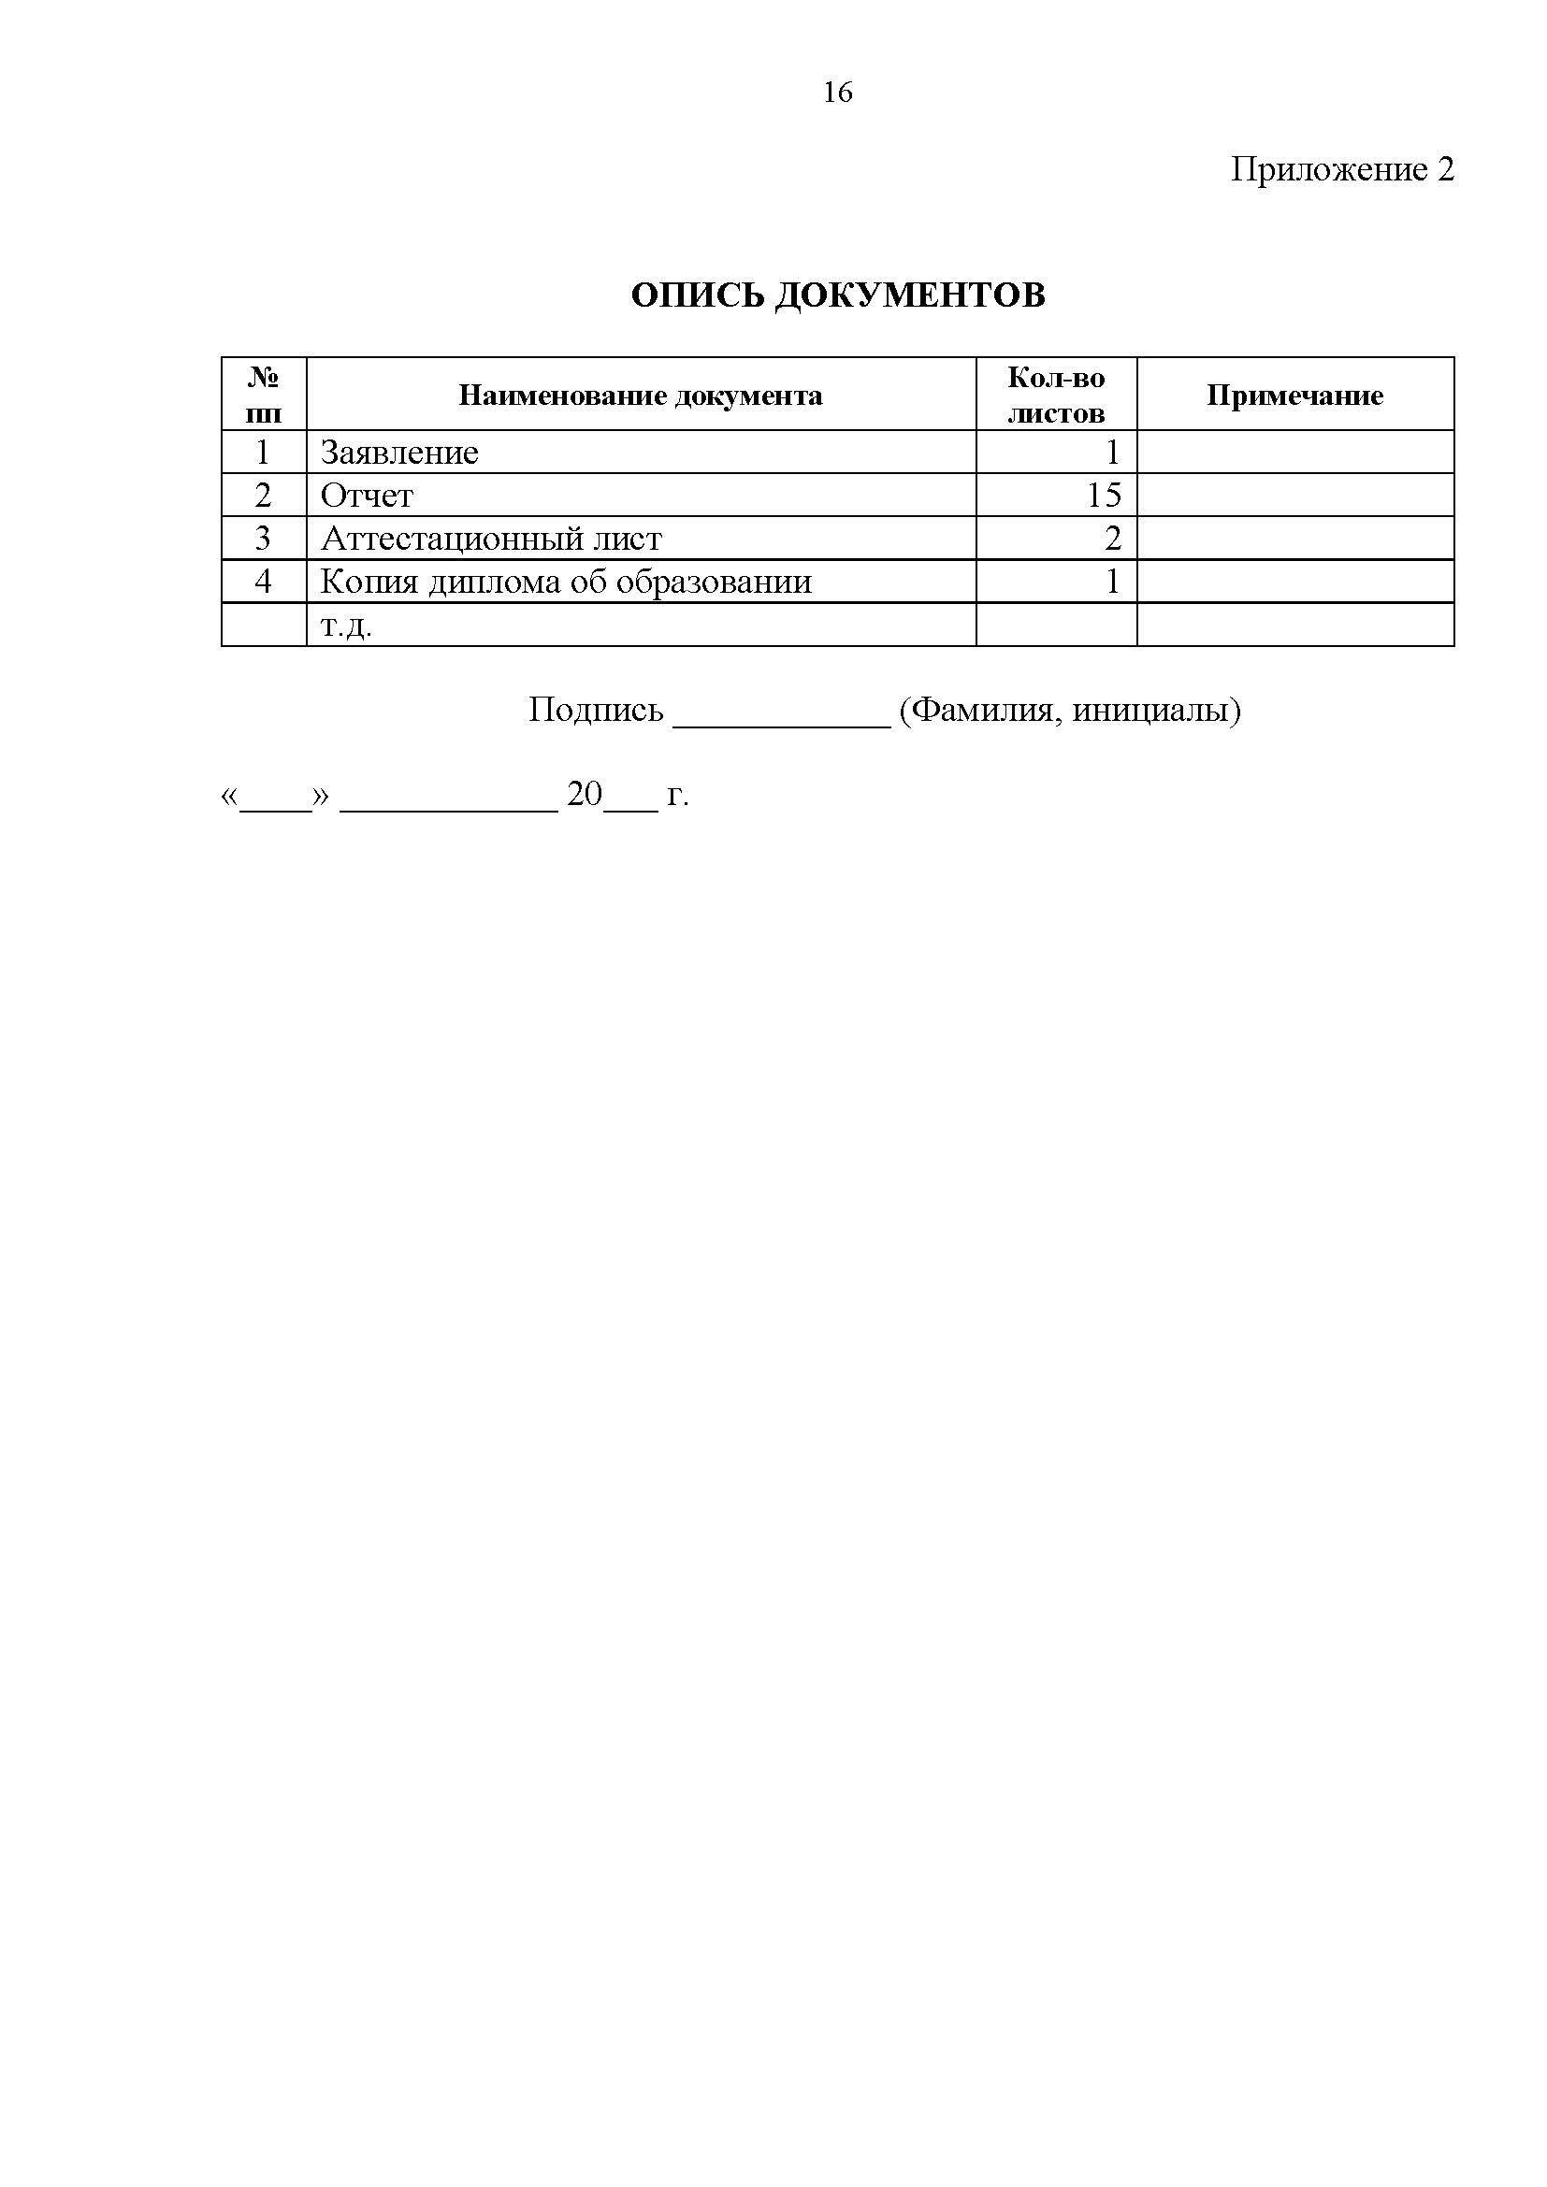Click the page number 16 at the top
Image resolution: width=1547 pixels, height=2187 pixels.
[x=837, y=93]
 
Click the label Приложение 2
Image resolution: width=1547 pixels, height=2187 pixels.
[x=1342, y=169]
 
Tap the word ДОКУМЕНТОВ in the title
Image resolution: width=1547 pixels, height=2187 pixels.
[x=909, y=295]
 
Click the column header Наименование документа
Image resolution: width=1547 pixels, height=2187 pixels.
[x=640, y=396]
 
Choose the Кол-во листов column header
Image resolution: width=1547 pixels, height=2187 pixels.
[x=1055, y=396]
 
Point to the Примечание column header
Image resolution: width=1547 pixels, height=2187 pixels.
[x=1294, y=396]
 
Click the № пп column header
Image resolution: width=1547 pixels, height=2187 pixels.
[x=264, y=396]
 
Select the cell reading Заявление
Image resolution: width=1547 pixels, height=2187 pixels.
[x=399, y=453]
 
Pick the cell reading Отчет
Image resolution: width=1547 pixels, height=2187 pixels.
[x=367, y=496]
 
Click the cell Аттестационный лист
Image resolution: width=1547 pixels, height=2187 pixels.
[x=491, y=540]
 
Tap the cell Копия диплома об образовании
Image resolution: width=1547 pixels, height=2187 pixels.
[x=566, y=582]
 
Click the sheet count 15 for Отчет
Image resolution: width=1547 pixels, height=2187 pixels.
[x=1104, y=496]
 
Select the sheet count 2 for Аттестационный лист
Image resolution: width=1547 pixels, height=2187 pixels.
[x=1113, y=540]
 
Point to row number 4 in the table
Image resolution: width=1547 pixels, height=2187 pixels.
[x=264, y=582]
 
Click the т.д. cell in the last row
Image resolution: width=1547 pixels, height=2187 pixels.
[x=346, y=626]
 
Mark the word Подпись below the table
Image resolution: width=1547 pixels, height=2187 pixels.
[x=596, y=710]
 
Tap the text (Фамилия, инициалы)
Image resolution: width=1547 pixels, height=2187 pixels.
[x=1069, y=710]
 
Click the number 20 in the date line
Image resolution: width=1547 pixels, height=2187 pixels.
[x=584, y=794]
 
